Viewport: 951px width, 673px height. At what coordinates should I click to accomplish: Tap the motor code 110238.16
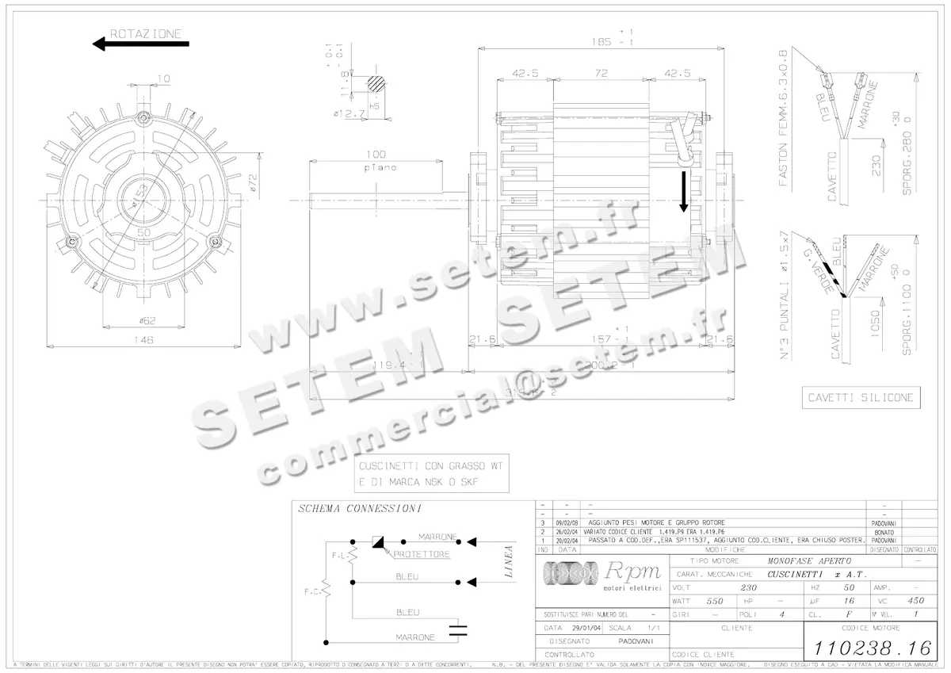coord(869,648)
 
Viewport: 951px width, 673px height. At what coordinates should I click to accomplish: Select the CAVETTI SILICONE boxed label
coord(860,397)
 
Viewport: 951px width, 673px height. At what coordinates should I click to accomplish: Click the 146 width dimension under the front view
coord(143,339)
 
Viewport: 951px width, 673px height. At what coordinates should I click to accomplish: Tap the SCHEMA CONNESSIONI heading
coord(359,508)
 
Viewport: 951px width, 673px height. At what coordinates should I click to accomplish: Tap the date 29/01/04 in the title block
coord(566,626)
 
